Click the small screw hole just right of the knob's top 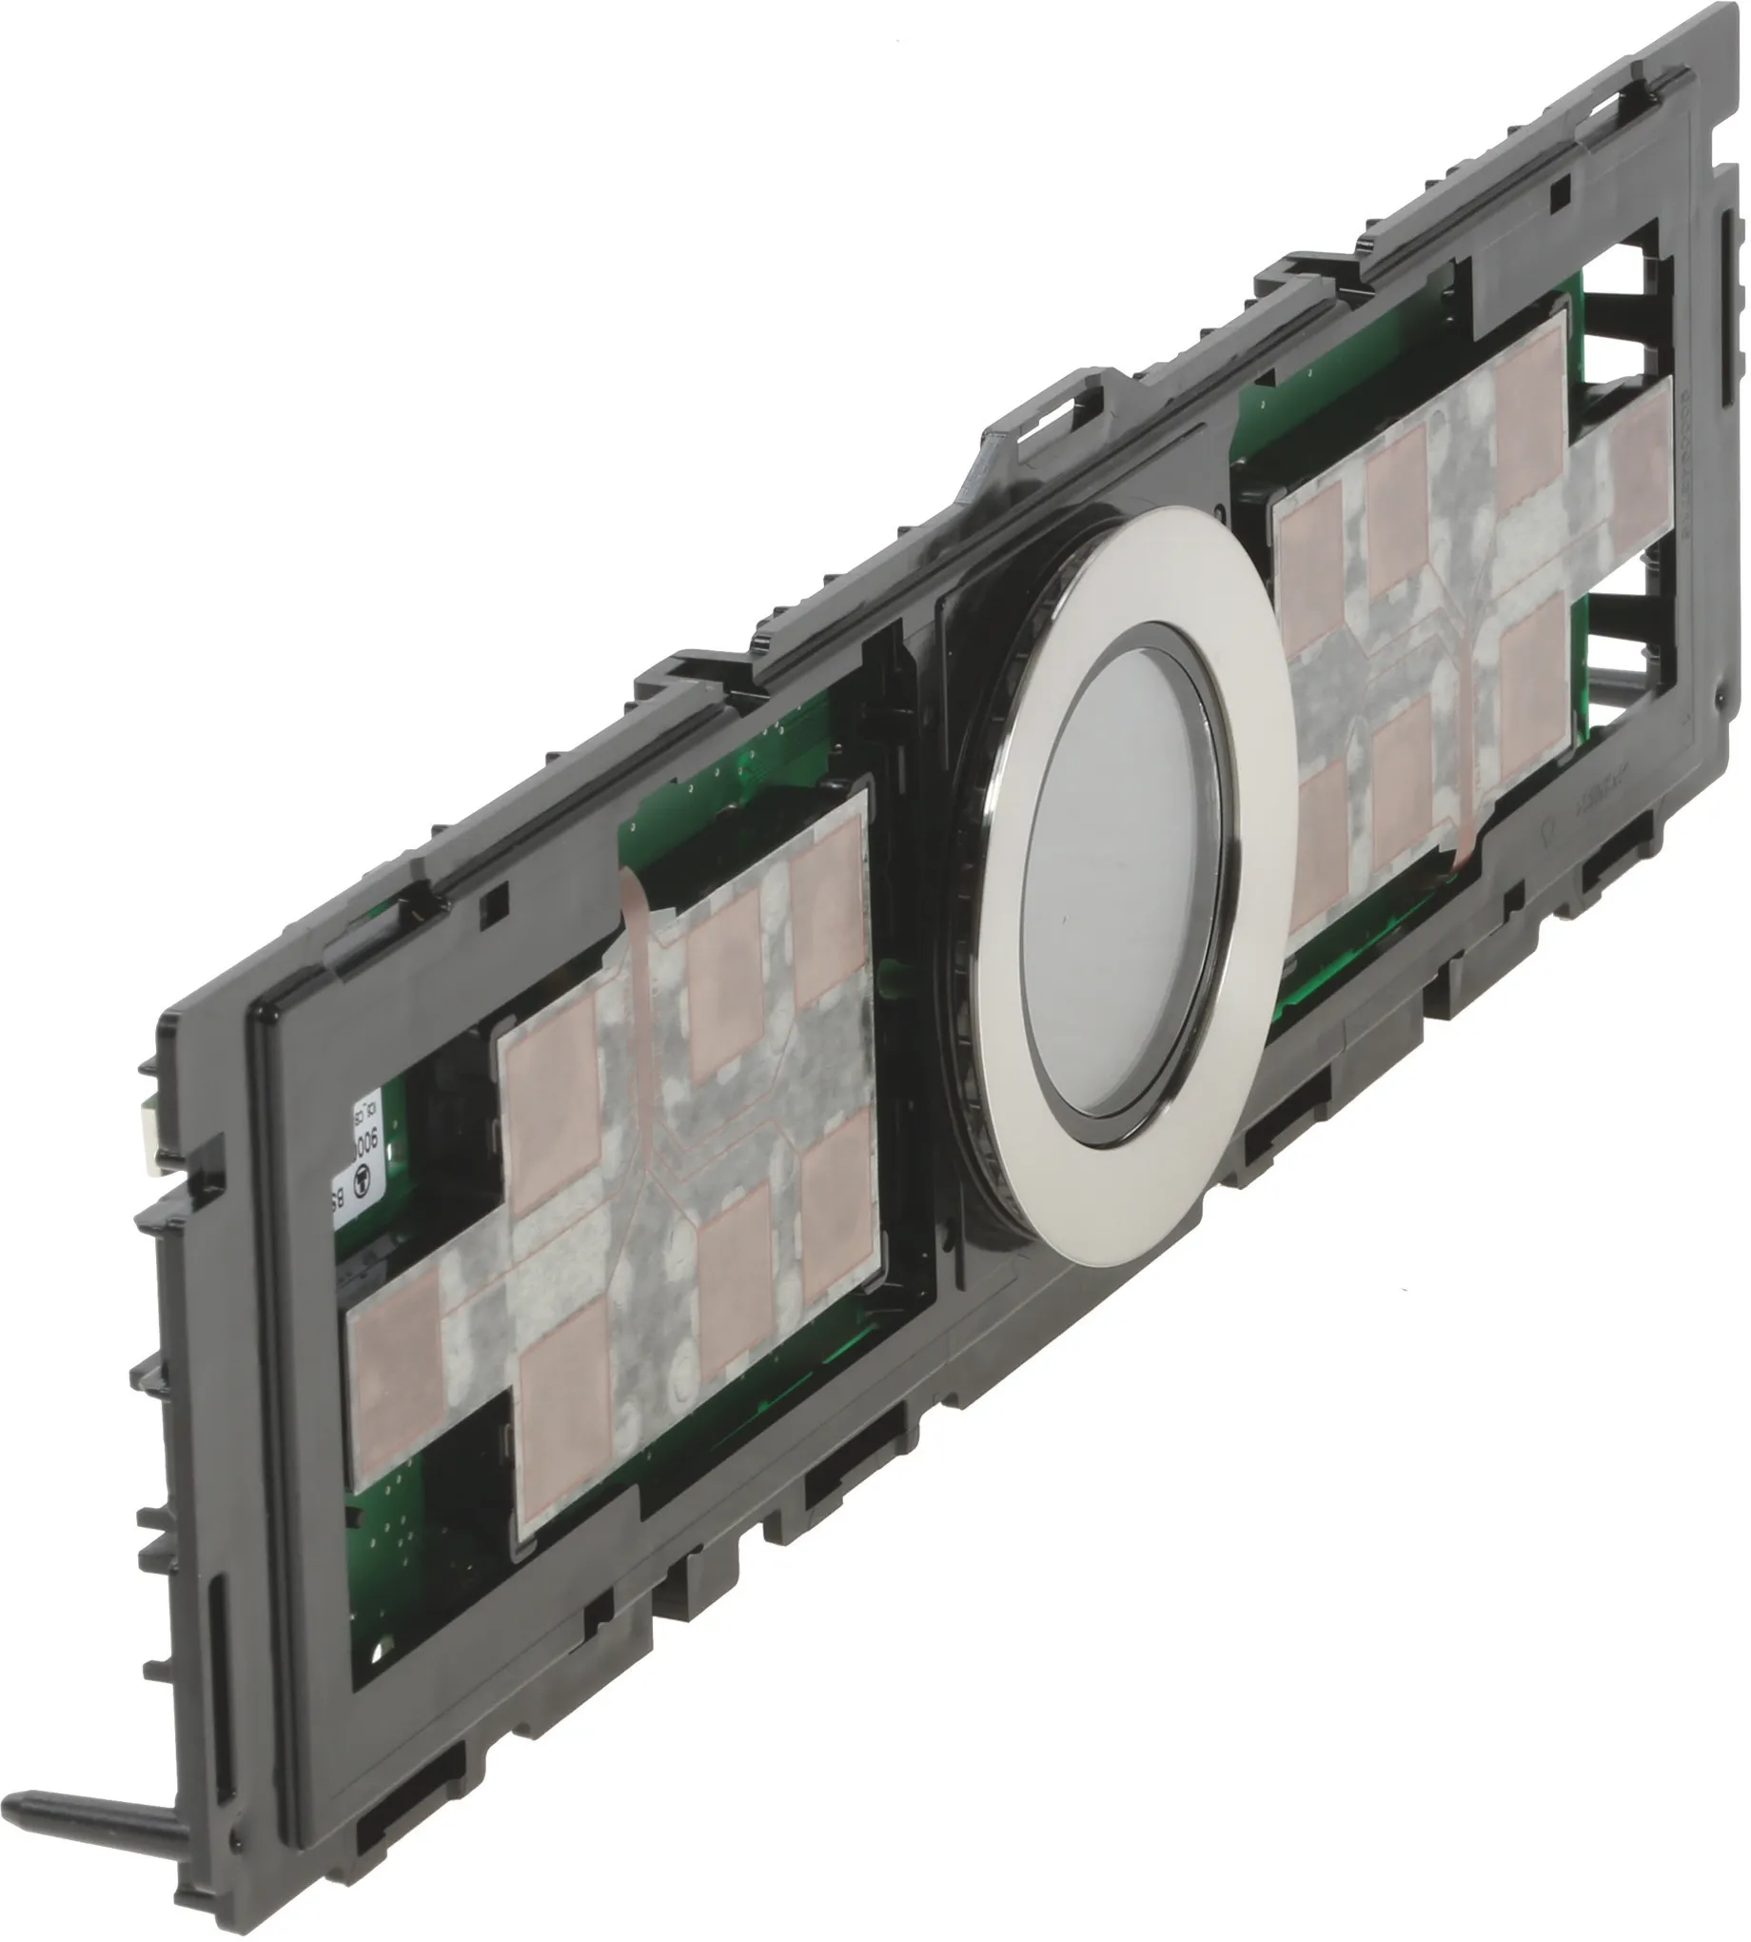tap(1220, 508)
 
